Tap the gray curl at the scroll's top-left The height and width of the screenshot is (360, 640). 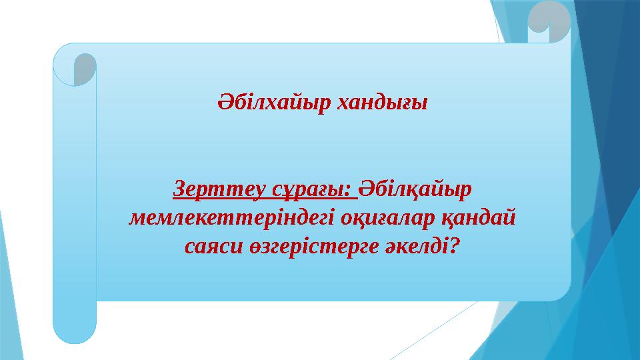click(85, 69)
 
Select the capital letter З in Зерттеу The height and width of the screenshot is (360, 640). click(178, 189)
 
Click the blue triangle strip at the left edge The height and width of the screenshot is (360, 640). click(8, 280)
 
